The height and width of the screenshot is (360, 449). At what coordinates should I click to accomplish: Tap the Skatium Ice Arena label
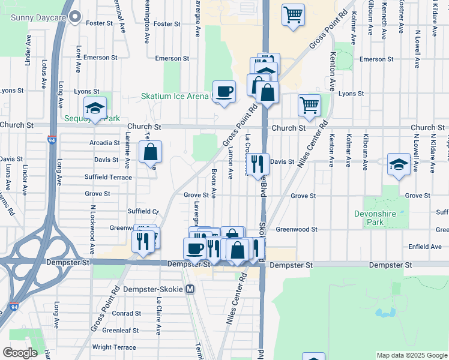coord(175,96)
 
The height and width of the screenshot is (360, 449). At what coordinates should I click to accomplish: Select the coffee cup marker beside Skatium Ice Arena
coord(224,92)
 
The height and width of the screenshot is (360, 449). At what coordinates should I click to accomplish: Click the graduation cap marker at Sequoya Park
coord(95,108)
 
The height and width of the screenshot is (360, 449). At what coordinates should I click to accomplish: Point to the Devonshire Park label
coord(384,218)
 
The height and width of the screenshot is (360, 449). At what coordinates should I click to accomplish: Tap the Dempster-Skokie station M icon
coord(190,289)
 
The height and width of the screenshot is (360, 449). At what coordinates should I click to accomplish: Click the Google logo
coord(20,352)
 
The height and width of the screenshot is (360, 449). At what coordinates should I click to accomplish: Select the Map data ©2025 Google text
coord(411,355)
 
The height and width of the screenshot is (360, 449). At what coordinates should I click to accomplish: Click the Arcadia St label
coord(104,143)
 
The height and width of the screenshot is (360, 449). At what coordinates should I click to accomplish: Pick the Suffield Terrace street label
coord(108,177)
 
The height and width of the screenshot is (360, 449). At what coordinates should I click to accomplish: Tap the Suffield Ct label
coord(143,211)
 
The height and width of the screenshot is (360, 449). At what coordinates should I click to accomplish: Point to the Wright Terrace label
coord(114,347)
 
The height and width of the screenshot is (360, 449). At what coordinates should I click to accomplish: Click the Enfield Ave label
coord(426,247)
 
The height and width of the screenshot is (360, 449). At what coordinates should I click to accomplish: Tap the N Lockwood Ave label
coord(93,230)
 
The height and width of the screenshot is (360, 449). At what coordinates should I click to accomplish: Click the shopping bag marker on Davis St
coord(150,152)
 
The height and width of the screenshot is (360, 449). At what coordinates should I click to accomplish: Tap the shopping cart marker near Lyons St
coord(309,106)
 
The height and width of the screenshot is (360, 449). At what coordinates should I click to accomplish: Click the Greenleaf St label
coord(121,330)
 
